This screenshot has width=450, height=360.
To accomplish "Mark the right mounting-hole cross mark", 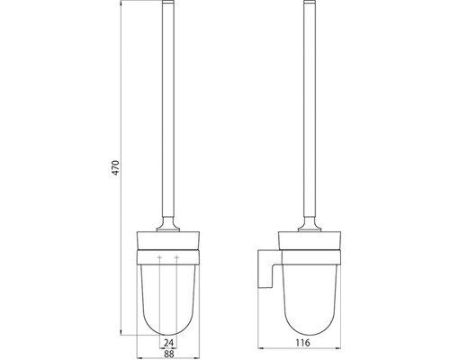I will (x=179, y=259).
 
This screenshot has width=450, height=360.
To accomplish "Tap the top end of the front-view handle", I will (x=170, y=6).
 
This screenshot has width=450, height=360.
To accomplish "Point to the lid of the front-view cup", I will (x=170, y=239).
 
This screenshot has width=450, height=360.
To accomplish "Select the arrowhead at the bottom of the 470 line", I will (x=121, y=332).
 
